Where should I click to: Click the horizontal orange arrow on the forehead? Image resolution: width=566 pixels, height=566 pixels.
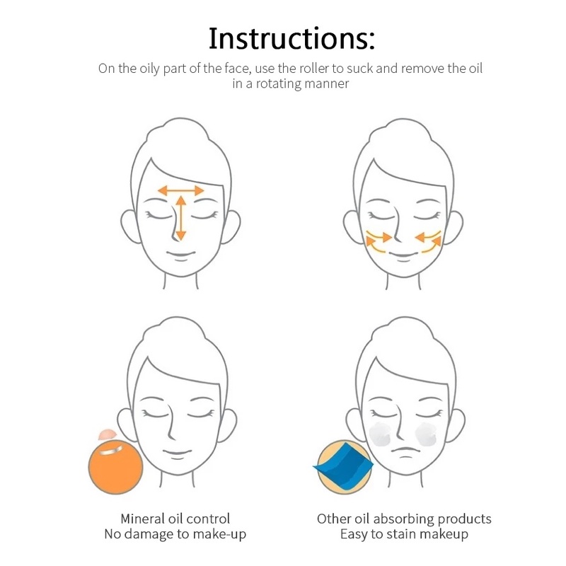tap(180, 190)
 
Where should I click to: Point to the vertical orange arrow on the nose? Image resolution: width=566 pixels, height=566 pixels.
tap(180, 218)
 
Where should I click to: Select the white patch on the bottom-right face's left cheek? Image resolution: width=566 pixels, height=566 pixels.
tap(381, 434)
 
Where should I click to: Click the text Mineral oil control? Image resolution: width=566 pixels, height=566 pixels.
tap(175, 519)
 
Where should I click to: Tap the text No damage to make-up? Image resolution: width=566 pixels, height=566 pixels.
tap(175, 534)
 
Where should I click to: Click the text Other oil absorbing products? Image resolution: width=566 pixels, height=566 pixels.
tap(404, 519)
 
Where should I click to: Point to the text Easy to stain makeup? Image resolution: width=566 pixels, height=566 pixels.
tap(404, 534)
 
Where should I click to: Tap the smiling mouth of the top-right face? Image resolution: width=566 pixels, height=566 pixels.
tap(404, 254)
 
